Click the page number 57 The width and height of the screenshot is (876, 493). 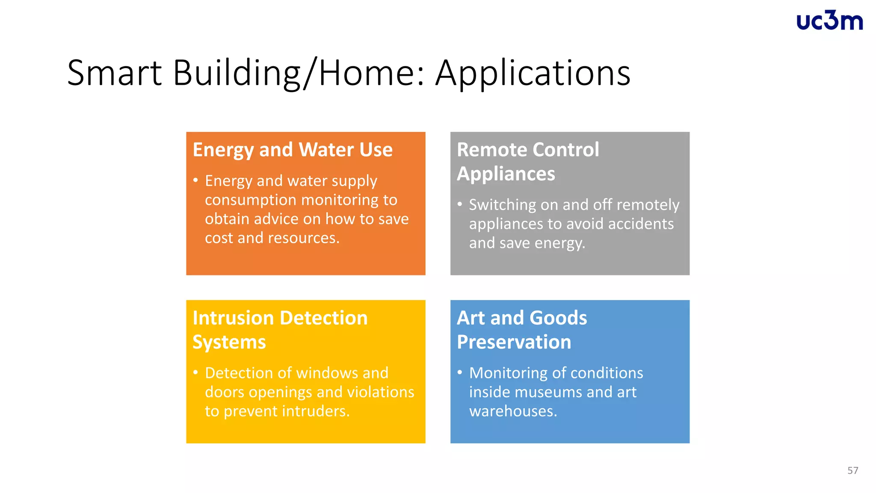pos(852,470)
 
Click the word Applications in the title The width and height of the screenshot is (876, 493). pos(533,73)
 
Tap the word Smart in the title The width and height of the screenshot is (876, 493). pos(114,73)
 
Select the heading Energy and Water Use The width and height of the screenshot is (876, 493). pos(293,150)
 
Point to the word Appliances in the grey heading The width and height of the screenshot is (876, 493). pos(506,174)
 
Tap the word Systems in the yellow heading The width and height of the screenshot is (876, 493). pos(229,342)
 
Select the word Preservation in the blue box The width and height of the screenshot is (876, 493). pos(514,342)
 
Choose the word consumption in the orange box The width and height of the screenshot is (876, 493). pos(251,200)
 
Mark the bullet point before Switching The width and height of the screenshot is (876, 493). pos(460,204)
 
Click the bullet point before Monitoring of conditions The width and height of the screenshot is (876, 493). pos(460,372)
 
